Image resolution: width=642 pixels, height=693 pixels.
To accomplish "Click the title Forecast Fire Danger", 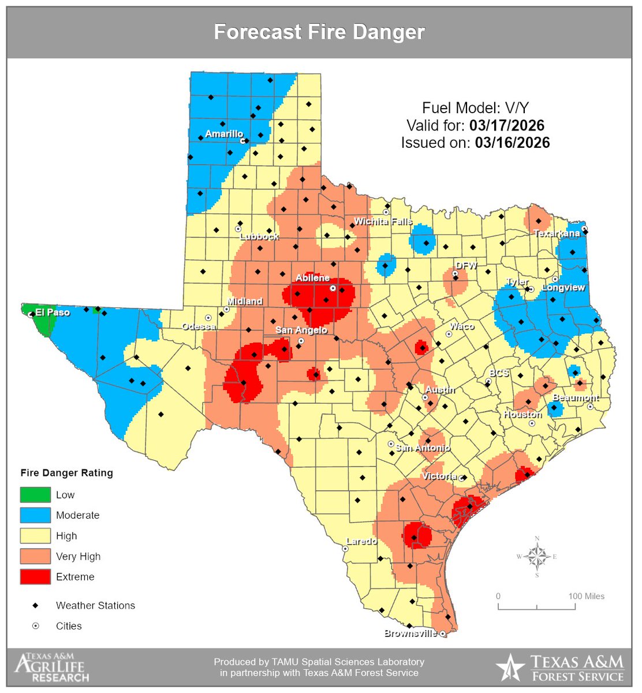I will [319, 32].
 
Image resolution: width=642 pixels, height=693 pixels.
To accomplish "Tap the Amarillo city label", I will [224, 134].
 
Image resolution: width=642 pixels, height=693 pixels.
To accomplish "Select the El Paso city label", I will [52, 312].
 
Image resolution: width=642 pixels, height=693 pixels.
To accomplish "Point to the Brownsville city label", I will [410, 634].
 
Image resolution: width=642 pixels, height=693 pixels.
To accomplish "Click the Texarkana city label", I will [556, 234].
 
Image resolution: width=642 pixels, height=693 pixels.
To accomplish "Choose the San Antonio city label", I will [423, 448].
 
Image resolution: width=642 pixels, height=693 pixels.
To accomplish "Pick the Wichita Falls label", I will [383, 221].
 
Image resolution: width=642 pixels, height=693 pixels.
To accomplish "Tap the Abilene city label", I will [312, 278].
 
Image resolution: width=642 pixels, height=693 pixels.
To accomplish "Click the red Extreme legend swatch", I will [35, 576].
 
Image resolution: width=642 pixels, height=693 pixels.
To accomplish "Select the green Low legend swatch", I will [35, 495].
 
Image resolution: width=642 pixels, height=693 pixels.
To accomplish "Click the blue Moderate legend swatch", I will [35, 515].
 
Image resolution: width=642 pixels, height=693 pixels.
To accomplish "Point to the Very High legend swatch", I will [35, 556].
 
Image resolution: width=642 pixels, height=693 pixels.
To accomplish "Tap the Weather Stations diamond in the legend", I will [35, 605].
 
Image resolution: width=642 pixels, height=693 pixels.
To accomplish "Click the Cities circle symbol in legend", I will [35, 626].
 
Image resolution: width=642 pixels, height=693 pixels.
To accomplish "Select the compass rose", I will [537, 557].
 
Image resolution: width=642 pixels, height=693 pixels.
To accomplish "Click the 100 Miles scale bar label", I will [586, 597].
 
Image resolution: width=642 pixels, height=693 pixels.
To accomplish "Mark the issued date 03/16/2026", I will [512, 143].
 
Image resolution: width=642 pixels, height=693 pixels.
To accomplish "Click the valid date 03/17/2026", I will [506, 125].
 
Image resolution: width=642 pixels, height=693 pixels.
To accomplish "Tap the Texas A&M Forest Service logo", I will [560, 668].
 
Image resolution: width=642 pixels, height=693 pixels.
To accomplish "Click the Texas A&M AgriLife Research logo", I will [52, 668].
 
